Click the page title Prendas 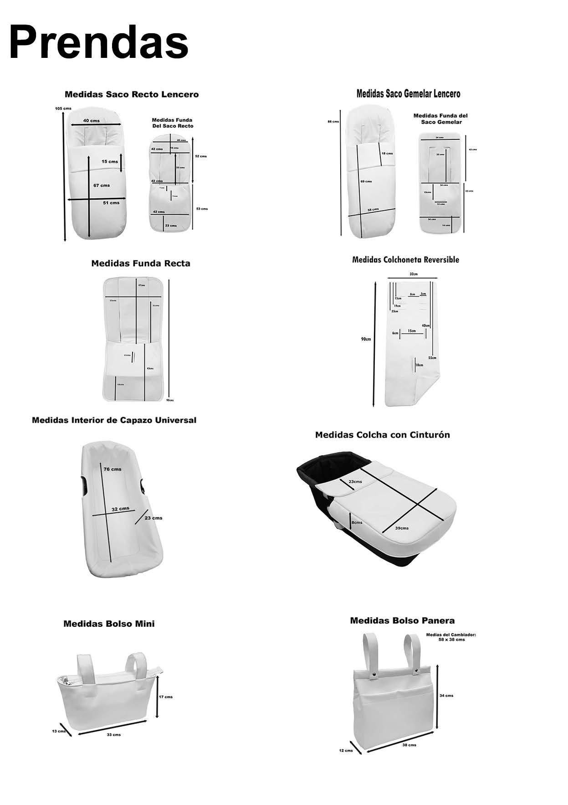click(99, 43)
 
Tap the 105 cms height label click(63, 108)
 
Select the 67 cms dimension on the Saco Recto click(102, 186)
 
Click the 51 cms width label click(111, 203)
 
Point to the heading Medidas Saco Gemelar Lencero click(408, 94)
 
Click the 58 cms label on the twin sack click(373, 210)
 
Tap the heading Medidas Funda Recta click(141, 263)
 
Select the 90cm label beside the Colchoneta click(366, 339)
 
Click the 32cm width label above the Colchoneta click(413, 274)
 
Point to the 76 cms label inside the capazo click(113, 469)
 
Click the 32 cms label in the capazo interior click(120, 509)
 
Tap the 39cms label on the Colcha click(402, 528)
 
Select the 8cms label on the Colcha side click(357, 522)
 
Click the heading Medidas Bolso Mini click(109, 624)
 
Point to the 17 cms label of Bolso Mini click(165, 697)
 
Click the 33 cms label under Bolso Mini click(114, 735)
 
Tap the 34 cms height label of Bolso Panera click(446, 696)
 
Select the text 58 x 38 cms click(451, 640)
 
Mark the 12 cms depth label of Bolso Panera click(346, 750)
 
